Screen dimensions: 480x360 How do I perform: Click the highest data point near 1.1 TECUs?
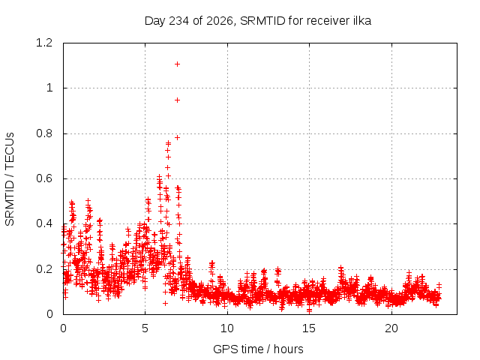177,64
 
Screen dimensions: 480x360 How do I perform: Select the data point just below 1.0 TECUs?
177,100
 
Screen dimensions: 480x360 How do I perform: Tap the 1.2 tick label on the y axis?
44,43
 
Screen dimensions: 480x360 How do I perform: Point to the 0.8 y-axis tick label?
44,133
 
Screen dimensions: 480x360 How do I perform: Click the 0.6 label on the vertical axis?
44,178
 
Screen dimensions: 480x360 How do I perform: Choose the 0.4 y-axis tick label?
44,223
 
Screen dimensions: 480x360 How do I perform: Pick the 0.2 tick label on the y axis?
44,269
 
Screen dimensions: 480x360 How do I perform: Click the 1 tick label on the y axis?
49,88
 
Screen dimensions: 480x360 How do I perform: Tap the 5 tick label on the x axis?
145,328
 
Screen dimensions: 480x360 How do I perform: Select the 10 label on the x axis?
227,328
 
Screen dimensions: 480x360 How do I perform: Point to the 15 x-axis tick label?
309,328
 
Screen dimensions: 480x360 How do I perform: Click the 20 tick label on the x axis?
391,328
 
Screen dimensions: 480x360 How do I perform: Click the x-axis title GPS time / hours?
258,349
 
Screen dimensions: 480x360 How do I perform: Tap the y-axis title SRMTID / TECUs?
10,179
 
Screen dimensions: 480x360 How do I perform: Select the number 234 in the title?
179,21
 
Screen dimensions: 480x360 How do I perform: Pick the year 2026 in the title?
220,21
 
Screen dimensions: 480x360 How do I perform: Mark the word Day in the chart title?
155,21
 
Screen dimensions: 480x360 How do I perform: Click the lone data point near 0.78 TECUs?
177,138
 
